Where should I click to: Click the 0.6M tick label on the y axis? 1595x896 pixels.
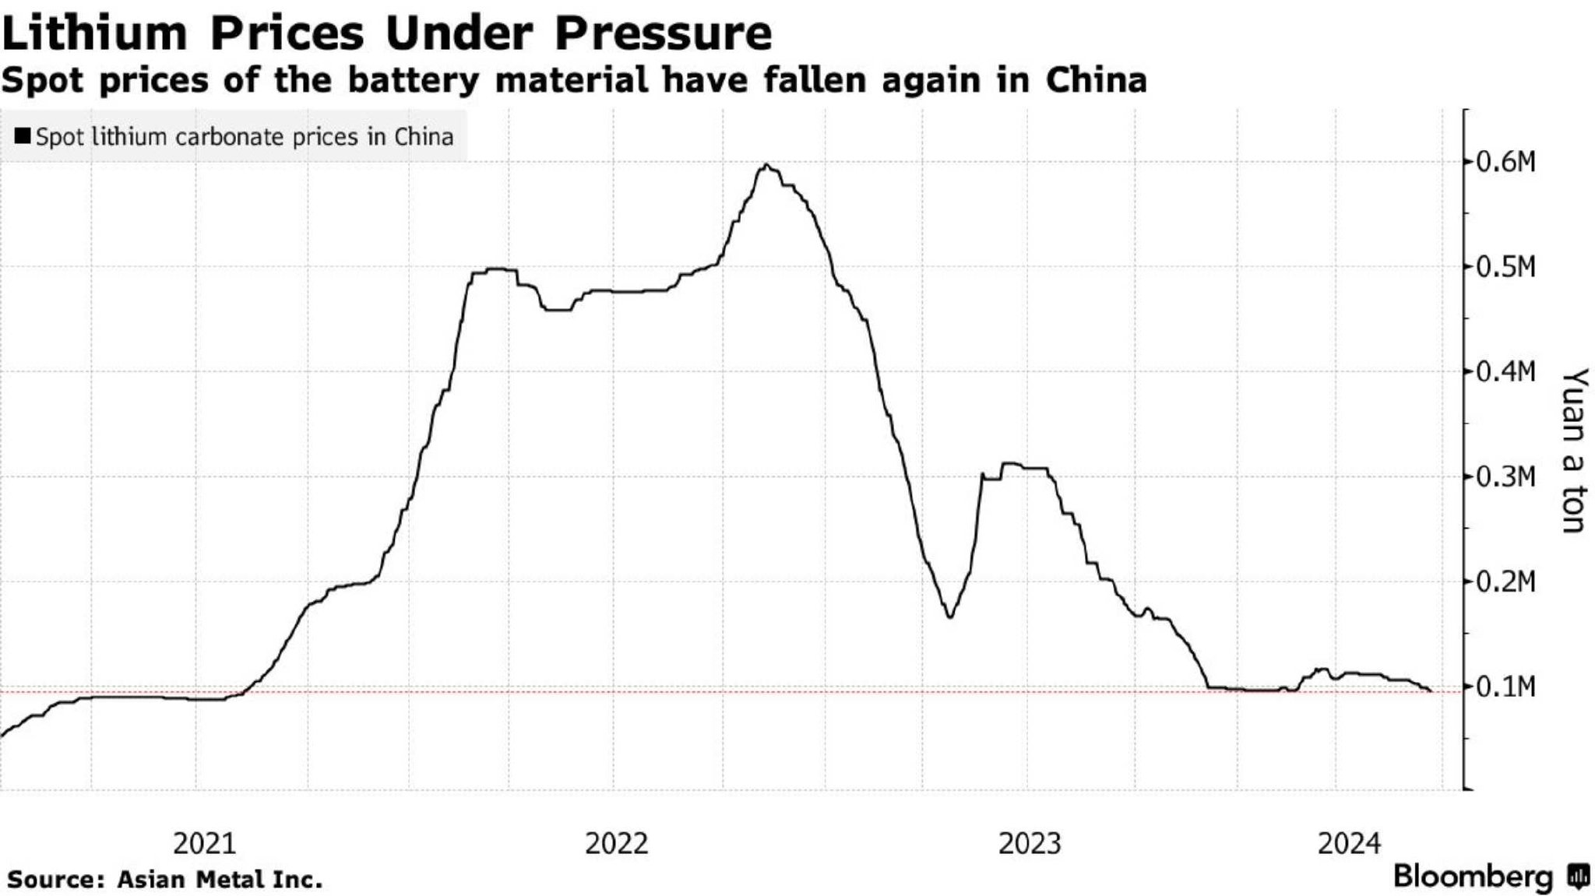click(1506, 163)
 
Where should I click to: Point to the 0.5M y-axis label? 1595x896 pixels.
click(1506, 268)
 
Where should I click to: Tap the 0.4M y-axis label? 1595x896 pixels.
click(1506, 372)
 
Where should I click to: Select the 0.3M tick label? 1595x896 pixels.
click(1506, 477)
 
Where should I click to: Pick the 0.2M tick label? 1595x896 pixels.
click(1506, 582)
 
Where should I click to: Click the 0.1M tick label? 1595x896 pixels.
click(1506, 687)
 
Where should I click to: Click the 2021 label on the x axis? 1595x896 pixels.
click(204, 844)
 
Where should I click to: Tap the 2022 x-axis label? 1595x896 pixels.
click(616, 844)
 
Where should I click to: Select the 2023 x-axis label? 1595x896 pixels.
click(1030, 844)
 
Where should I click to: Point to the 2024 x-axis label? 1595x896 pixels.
click(1349, 844)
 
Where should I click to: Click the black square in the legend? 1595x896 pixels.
click(23, 137)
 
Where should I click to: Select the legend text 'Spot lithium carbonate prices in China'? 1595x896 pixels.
click(245, 137)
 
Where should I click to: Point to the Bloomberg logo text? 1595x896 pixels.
click(1474, 877)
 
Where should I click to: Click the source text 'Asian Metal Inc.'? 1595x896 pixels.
click(220, 880)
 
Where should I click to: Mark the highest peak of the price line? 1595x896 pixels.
click(767, 165)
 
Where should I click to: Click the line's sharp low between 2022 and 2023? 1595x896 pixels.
click(950, 617)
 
